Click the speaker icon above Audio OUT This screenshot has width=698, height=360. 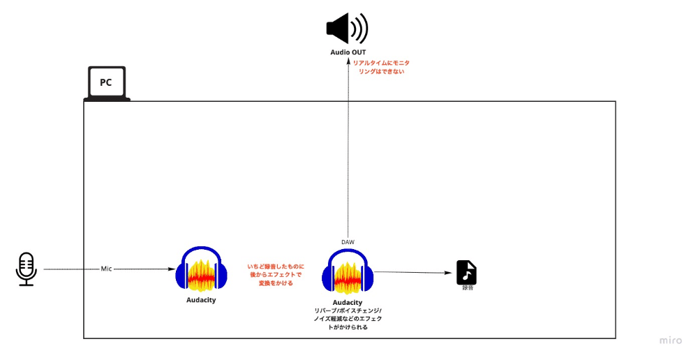click(x=347, y=29)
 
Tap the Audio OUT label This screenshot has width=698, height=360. click(x=348, y=52)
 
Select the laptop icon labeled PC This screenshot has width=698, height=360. click(x=107, y=84)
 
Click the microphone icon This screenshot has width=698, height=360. click(x=27, y=269)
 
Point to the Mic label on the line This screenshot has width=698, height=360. click(x=106, y=269)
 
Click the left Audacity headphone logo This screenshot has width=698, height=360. click(x=201, y=270)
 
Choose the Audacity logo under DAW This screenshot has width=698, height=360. click(x=348, y=272)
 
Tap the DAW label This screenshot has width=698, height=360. click(x=348, y=242)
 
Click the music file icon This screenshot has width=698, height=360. click(x=466, y=272)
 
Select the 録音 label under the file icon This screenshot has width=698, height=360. click(x=468, y=288)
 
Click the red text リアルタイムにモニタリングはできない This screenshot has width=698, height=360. click(x=382, y=67)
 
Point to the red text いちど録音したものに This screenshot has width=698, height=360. click(x=276, y=267)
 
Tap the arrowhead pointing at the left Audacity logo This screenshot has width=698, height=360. click(x=172, y=269)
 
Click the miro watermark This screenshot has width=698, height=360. click(x=670, y=340)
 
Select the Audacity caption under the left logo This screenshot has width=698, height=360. click(x=201, y=300)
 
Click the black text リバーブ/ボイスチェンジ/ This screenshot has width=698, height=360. click(x=348, y=310)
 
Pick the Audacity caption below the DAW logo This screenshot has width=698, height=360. click(x=348, y=303)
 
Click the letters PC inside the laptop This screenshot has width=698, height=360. click(x=106, y=82)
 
